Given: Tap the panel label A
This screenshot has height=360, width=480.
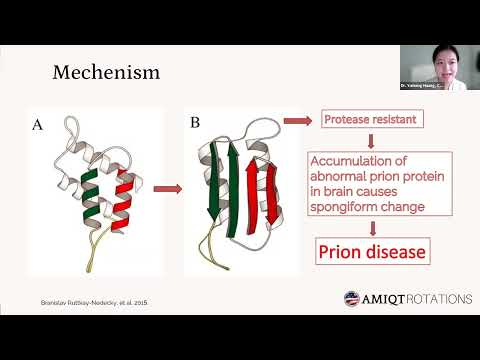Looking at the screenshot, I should coord(38,124).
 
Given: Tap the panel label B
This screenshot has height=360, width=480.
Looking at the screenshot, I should coord(195,124).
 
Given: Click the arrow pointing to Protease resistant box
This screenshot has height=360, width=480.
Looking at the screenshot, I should coord(296,121).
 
